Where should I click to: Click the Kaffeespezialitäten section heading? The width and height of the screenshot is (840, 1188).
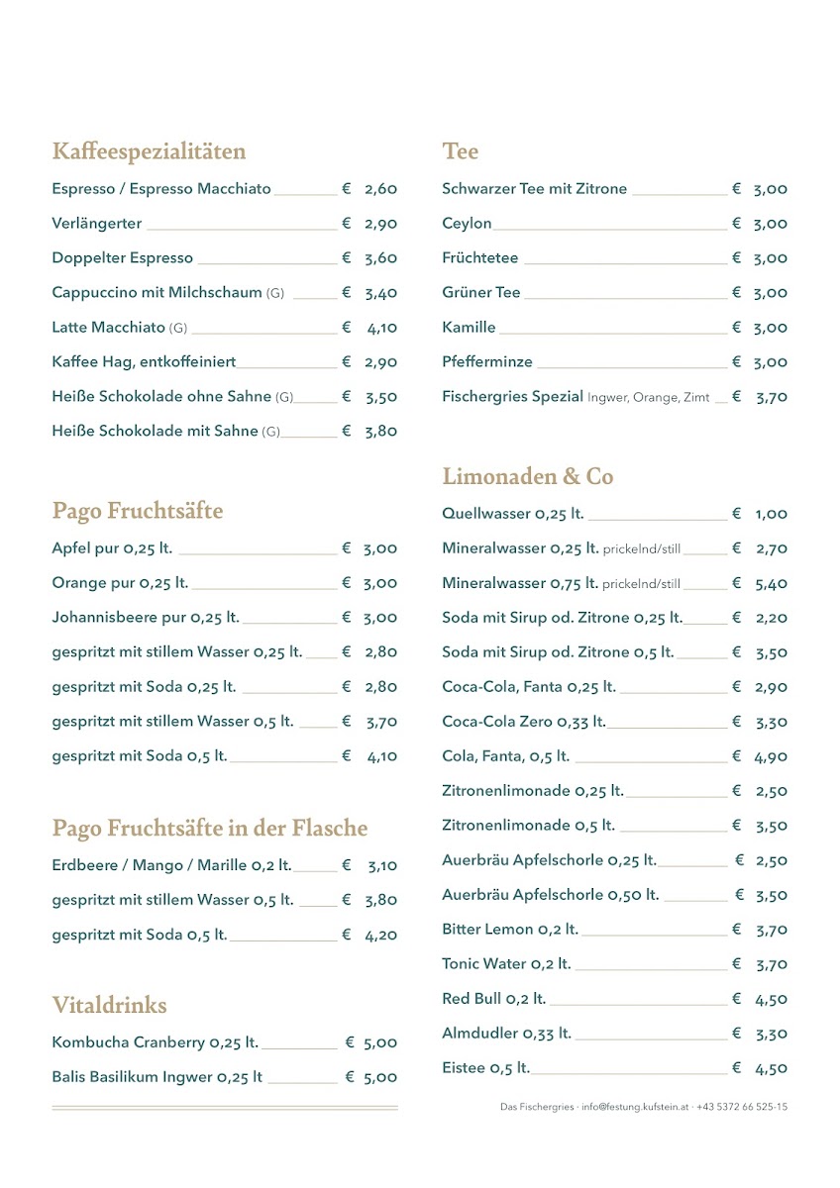(x=149, y=151)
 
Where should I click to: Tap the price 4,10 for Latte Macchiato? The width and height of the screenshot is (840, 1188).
(x=381, y=328)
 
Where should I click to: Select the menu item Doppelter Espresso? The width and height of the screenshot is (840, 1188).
(x=123, y=258)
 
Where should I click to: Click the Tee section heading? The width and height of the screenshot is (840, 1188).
(x=461, y=151)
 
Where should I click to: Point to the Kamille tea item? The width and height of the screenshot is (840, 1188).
(x=469, y=328)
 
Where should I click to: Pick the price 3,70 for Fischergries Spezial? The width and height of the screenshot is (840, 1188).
(x=772, y=397)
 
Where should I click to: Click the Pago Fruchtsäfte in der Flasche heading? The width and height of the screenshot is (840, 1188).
(x=210, y=829)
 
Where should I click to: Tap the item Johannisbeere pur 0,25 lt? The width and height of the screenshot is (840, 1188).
(x=146, y=618)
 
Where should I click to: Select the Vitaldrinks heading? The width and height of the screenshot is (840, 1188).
(x=110, y=1006)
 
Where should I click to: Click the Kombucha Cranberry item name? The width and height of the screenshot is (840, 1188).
(x=155, y=1042)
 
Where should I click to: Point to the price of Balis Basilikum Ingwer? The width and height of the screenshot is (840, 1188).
(x=380, y=1077)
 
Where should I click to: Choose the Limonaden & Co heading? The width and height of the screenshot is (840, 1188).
(x=528, y=477)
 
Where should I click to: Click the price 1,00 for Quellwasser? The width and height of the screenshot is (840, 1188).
(x=772, y=514)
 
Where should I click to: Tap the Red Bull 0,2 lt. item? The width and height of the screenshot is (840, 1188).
(x=493, y=999)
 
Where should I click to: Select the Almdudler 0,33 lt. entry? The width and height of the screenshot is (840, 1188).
(x=506, y=1034)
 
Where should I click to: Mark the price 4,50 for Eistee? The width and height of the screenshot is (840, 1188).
(x=772, y=1068)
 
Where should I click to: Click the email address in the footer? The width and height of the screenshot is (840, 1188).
(x=635, y=1107)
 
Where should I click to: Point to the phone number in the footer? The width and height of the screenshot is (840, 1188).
(x=742, y=1107)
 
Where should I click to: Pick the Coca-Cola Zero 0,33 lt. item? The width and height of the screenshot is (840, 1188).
(x=524, y=722)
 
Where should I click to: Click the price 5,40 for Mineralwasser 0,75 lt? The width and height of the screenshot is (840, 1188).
(x=772, y=583)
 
